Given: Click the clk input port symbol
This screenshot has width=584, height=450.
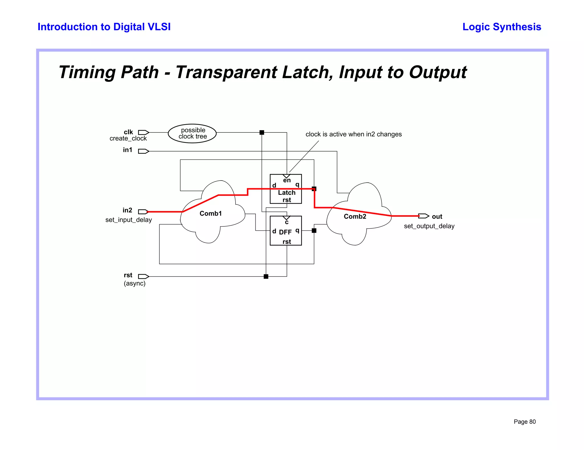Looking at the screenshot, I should coord(143,132).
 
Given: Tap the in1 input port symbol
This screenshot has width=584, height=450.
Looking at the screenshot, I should coord(143,151).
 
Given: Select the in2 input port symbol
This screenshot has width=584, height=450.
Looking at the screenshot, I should coord(143,212).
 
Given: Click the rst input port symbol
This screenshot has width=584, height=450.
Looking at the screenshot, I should coord(143,276).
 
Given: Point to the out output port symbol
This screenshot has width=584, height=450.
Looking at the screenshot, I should coord(424,216).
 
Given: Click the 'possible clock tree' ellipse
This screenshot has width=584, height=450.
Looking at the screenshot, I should coord(192,133).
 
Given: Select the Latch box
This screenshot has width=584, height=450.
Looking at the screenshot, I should coord(286,189).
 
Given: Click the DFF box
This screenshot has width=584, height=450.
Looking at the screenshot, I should coord(286,231).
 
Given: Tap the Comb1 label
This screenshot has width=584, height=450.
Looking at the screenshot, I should coord(211,214).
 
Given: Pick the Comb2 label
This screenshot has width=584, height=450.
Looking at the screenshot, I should coord(355,216).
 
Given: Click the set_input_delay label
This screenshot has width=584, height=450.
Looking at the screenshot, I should coord(129,220).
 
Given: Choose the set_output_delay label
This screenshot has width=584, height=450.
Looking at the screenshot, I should coord(429,226).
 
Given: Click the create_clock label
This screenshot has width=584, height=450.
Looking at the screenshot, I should coord(128,138).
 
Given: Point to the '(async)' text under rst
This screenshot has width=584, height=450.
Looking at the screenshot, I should coord(135,283).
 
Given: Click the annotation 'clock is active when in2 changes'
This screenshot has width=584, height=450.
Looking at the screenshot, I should coord(354,134).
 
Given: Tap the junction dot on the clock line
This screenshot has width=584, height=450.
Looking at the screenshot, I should coord(262,132).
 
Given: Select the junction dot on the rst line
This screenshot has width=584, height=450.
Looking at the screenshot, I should coord(266,276).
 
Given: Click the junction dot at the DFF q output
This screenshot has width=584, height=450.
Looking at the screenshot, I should coord(314,231).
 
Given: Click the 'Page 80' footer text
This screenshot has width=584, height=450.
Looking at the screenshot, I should coord(525,422).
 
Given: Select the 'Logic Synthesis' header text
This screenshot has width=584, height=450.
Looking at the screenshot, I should coord(502,27).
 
